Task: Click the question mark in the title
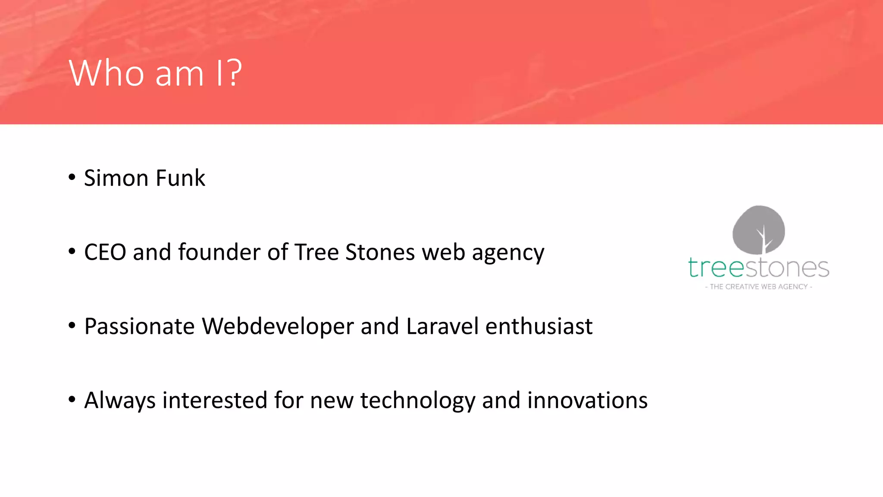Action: pos(233,73)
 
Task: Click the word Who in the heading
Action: pos(106,73)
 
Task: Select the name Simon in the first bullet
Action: pos(116,178)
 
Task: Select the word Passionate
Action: pos(139,327)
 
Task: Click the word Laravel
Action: pos(442,327)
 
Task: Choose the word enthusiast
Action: pos(539,327)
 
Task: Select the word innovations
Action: pos(587,400)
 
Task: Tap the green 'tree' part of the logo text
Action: pos(716,268)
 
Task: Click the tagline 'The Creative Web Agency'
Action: pos(758,287)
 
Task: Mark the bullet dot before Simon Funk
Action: pos(72,177)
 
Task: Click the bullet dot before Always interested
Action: pos(72,399)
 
